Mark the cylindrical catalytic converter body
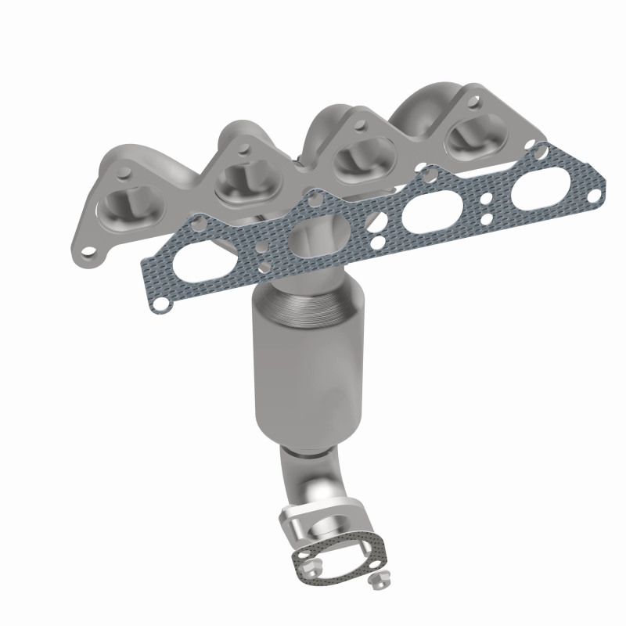297,368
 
